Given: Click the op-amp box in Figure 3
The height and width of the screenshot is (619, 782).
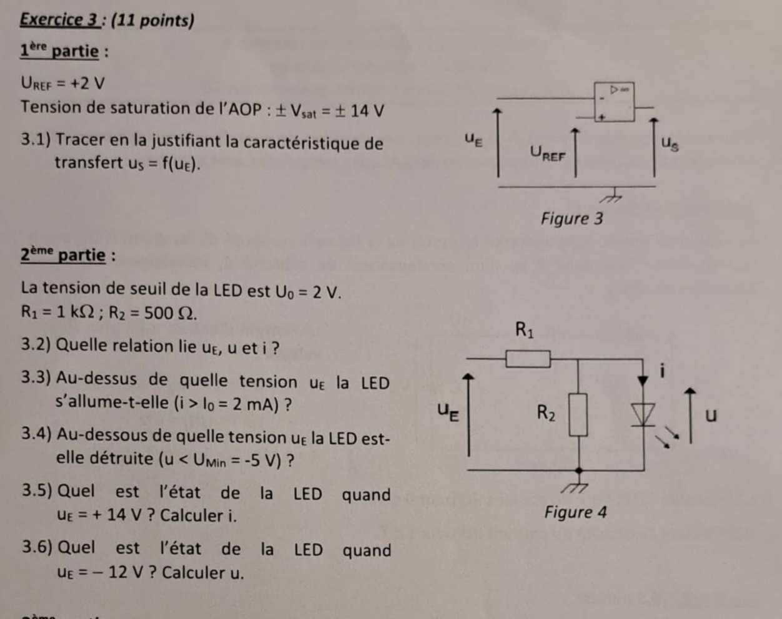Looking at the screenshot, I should pyautogui.click(x=614, y=102).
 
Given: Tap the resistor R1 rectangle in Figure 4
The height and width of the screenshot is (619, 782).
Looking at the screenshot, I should pyautogui.click(x=528, y=359).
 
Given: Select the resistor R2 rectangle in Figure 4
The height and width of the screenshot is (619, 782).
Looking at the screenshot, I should pyautogui.click(x=578, y=414).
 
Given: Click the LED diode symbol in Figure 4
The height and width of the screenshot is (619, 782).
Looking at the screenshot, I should pyautogui.click(x=642, y=414).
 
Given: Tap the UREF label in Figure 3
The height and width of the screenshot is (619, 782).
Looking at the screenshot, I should pyautogui.click(x=547, y=152).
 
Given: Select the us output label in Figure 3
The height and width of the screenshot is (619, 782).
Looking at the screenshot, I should pyautogui.click(x=670, y=144).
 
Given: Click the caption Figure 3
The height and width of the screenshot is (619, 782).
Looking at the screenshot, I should pyautogui.click(x=572, y=218).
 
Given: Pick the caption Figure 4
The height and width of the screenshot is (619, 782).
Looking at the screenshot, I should pyautogui.click(x=575, y=512).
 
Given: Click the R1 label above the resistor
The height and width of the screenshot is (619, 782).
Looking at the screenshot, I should pyautogui.click(x=525, y=329).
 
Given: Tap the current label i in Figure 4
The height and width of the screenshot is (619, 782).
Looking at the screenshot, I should pyautogui.click(x=663, y=371).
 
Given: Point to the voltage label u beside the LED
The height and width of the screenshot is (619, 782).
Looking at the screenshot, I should pyautogui.click(x=711, y=415).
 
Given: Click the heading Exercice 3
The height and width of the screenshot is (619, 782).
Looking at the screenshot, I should pyautogui.click(x=59, y=20).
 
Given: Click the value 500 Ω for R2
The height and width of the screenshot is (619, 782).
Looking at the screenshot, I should pyautogui.click(x=170, y=313).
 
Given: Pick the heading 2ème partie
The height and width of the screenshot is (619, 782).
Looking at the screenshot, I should pyautogui.click(x=63, y=255).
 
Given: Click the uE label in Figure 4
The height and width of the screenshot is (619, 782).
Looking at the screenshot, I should pyautogui.click(x=448, y=411).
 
